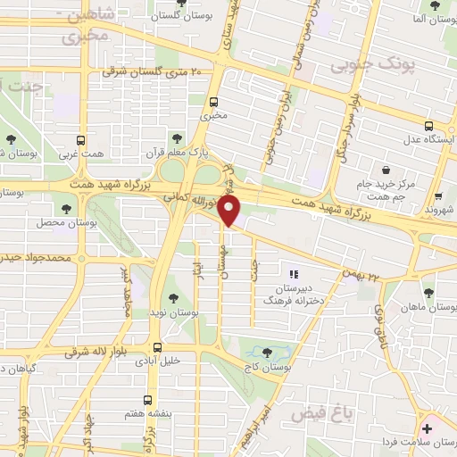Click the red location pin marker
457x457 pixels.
(x=229, y=212)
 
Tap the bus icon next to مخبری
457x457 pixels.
(x=213, y=101)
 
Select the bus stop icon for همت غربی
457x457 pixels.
(x=81, y=141)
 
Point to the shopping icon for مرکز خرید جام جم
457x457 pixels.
(x=385, y=170)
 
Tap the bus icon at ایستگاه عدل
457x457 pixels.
(x=428, y=125)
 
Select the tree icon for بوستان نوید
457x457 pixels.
(x=174, y=299)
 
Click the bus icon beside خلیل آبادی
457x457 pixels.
(x=158, y=348)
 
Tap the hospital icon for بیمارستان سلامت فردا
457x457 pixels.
(x=433, y=429)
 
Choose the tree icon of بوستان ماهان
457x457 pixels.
(x=428, y=293)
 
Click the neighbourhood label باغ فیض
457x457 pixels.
(x=361, y=411)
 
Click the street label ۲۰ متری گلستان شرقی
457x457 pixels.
(x=152, y=71)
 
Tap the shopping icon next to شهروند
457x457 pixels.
(x=438, y=197)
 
